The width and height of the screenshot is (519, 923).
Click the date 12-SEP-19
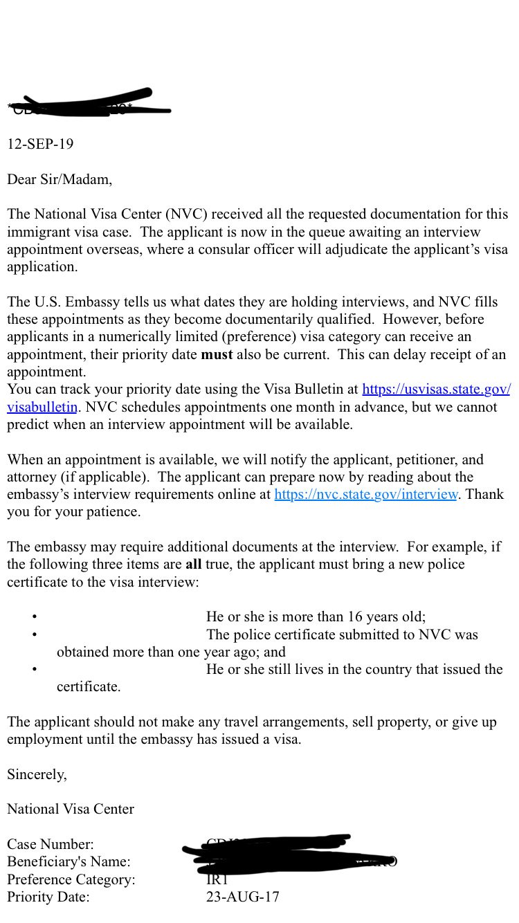[x=40, y=145]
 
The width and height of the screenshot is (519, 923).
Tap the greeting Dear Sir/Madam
[x=59, y=180]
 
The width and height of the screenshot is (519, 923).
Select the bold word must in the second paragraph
[x=217, y=355]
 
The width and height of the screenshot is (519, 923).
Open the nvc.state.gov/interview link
[x=365, y=495]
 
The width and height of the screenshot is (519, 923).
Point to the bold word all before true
[x=193, y=565]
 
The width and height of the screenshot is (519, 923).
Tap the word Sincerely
[x=37, y=775]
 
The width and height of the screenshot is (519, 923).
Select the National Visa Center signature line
[x=71, y=809]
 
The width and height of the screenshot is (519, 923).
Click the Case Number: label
[x=50, y=845]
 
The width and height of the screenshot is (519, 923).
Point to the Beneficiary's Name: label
[x=69, y=862]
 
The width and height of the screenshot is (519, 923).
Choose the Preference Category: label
[x=71, y=880]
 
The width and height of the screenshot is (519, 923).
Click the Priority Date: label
[x=48, y=897]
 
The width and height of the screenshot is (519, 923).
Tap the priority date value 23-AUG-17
[x=242, y=897]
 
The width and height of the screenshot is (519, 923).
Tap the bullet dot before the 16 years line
[x=34, y=617]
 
